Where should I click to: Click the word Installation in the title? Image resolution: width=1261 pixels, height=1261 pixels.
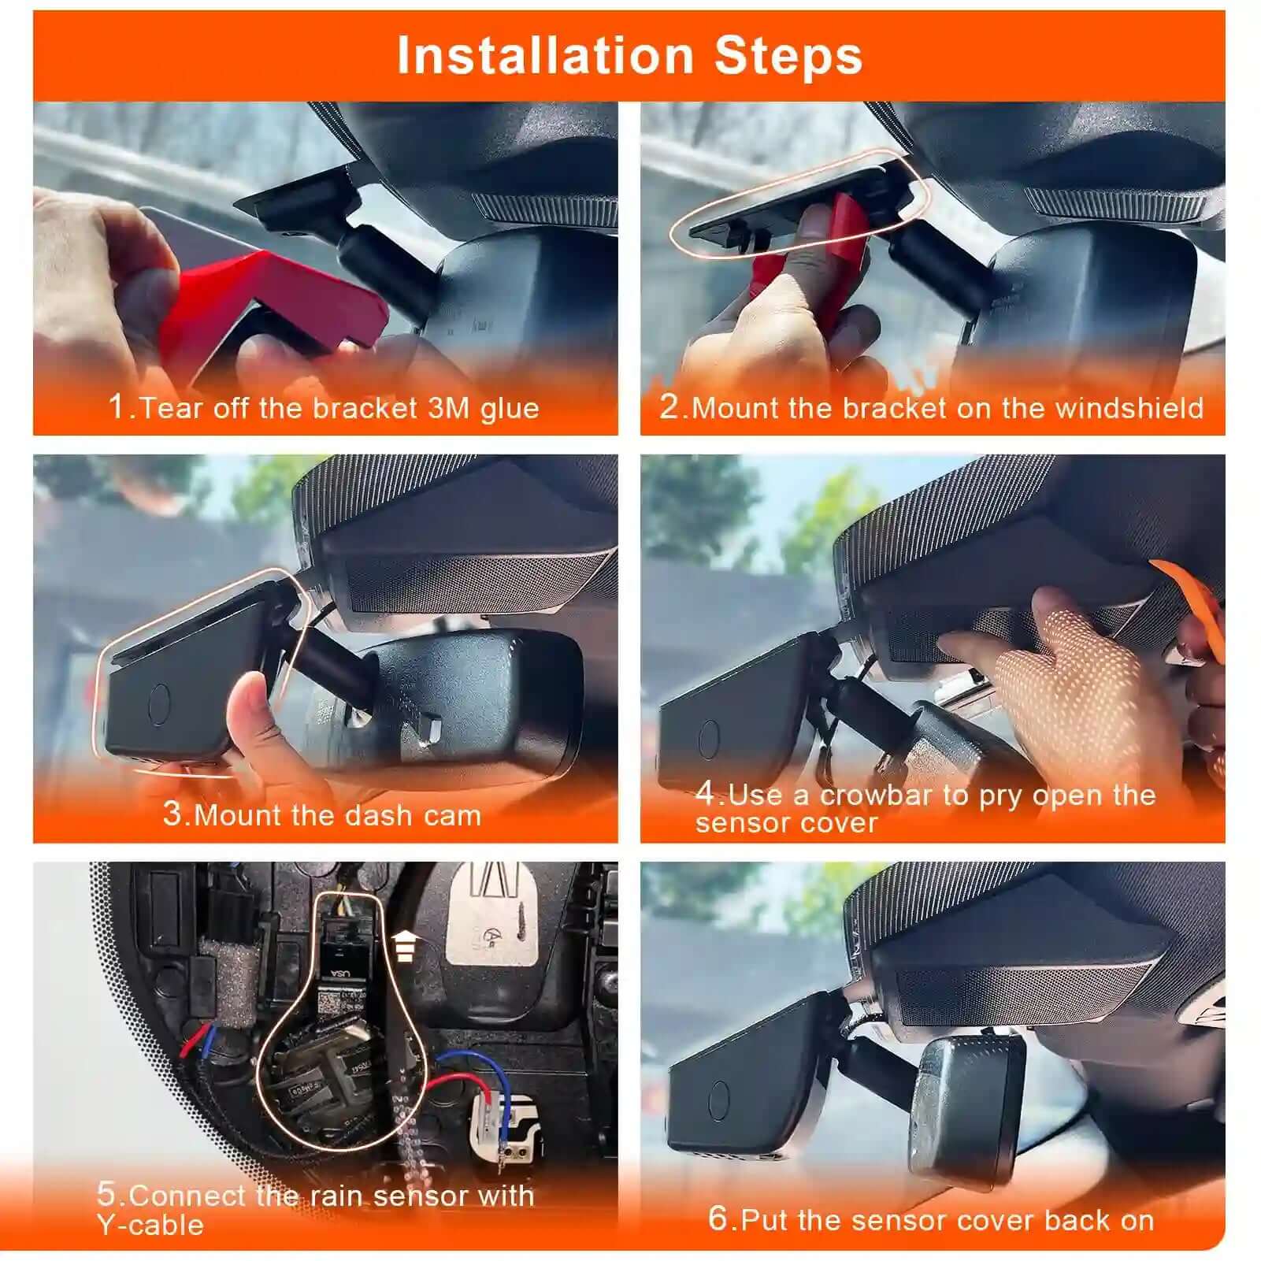click(544, 57)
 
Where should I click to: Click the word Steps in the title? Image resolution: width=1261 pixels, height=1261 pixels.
click(788, 57)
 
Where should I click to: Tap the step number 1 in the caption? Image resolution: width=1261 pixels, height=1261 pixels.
click(117, 406)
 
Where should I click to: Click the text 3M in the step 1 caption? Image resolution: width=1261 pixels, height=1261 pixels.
click(448, 407)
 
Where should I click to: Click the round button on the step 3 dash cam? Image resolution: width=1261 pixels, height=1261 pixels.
click(160, 703)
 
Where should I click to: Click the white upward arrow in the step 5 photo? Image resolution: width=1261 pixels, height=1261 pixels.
click(404, 944)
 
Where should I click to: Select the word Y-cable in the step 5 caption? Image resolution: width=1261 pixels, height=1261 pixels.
click(150, 1224)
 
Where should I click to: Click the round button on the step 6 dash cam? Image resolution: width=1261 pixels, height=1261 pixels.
click(719, 1100)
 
